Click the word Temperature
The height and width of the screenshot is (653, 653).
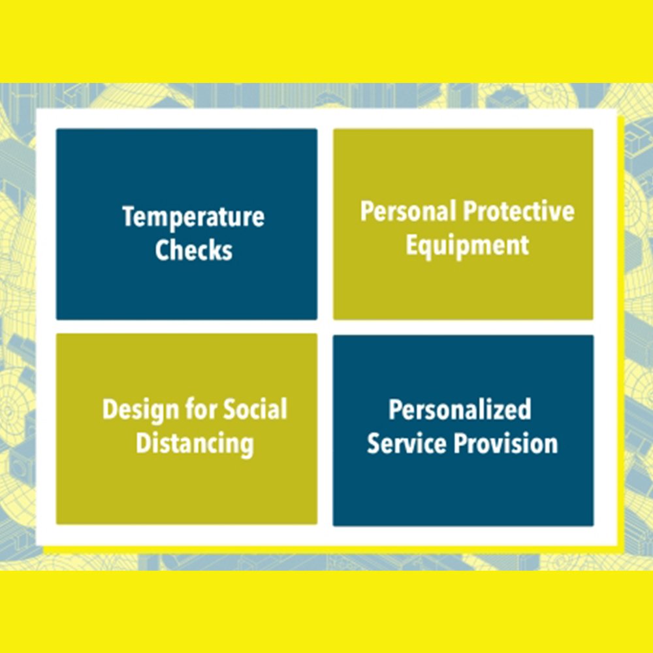tap(193, 217)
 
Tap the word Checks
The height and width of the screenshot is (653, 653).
tap(194, 250)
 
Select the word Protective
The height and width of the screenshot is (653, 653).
tap(518, 211)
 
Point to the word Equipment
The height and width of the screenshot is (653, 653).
tap(468, 246)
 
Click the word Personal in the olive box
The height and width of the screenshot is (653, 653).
tap(408, 211)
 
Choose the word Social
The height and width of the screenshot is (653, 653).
tap(256, 409)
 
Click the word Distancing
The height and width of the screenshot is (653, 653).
tap(195, 443)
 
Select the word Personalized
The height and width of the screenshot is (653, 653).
tap(460, 410)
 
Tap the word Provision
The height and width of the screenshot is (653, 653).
tap(506, 443)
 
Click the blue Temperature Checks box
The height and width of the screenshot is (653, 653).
tap(187, 225)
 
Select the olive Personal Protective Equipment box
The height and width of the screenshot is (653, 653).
tap(463, 225)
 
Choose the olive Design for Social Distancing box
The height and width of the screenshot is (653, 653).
tap(187, 429)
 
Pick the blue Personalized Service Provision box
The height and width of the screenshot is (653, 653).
tap(463, 430)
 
